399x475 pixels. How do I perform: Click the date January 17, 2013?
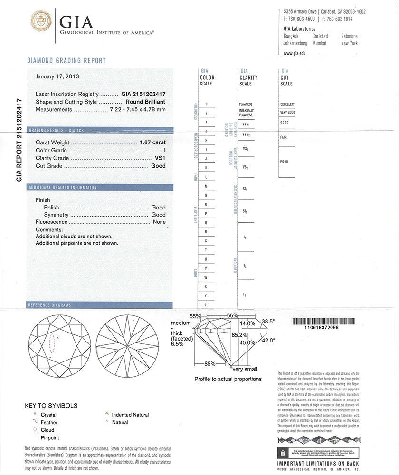pyautogui.click(x=57, y=76)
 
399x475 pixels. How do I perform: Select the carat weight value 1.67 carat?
pyautogui.click(x=152, y=142)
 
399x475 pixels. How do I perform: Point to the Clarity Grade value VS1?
pyautogui.click(x=159, y=158)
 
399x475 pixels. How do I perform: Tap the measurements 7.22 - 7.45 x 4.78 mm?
pyautogui.click(x=138, y=110)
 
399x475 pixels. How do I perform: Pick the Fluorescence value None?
pyautogui.click(x=159, y=222)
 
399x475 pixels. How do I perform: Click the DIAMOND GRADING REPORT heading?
pyautogui.click(x=66, y=61)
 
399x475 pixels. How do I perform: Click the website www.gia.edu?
pyautogui.click(x=294, y=53)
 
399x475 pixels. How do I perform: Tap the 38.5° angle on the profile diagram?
pyautogui.click(x=268, y=321)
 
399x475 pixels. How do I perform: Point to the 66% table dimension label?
pyautogui.click(x=232, y=316)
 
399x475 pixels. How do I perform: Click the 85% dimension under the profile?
pyautogui.click(x=209, y=364)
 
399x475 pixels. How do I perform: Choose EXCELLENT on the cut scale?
pyautogui.click(x=287, y=104)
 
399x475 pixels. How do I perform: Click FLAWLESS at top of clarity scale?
pyautogui.click(x=246, y=104)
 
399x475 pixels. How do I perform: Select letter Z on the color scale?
pyautogui.click(x=206, y=304)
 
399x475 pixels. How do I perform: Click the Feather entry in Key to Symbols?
pyautogui.click(x=49, y=422)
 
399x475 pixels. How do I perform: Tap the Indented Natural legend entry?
pyautogui.click(x=130, y=415)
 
